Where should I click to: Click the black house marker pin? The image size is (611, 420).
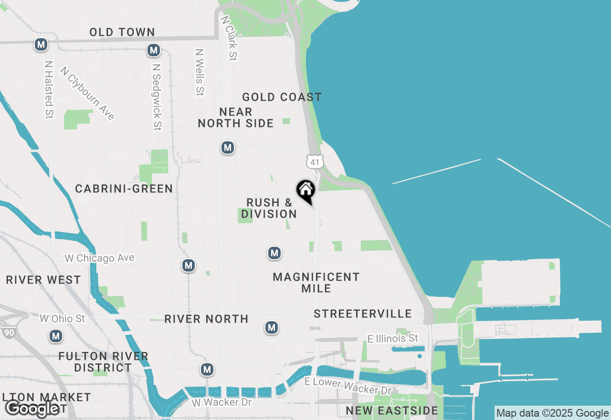[306, 191]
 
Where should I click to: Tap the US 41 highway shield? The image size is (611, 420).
[314, 161]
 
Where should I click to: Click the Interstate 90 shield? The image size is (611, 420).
[8, 333]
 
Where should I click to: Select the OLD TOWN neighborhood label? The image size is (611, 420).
[122, 32]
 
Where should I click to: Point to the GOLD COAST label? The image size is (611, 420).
[282, 97]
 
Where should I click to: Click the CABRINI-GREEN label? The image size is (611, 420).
[124, 189]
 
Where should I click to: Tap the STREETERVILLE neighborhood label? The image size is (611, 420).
[363, 314]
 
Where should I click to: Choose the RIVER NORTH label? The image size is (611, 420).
[206, 319]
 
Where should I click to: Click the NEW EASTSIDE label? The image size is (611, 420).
[392, 410]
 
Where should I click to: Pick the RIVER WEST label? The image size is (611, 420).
[43, 280]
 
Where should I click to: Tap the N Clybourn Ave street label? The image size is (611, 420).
[88, 93]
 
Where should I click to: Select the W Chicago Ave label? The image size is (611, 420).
[100, 258]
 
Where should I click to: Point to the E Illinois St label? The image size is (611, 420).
[393, 338]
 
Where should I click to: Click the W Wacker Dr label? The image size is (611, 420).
[221, 402]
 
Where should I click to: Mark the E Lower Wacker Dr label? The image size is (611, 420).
[348, 386]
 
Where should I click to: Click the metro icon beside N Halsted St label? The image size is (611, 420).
[41, 45]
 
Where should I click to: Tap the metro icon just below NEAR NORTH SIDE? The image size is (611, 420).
[228, 147]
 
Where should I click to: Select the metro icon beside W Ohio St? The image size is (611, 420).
[56, 336]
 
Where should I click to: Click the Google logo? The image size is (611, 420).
[32, 409]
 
